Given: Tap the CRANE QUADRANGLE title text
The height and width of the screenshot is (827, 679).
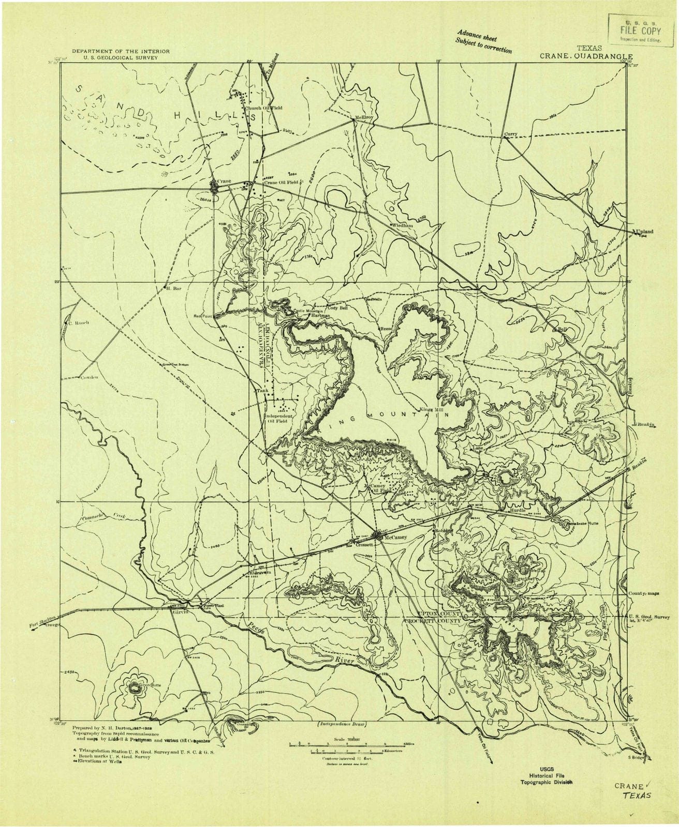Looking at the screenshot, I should pyautogui.click(x=587, y=57).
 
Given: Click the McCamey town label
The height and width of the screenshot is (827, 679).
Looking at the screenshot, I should pyautogui.click(x=395, y=537).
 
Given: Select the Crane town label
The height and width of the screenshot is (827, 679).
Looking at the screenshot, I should pyautogui.click(x=223, y=181).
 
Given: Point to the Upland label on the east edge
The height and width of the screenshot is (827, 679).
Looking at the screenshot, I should pyautogui.click(x=647, y=232).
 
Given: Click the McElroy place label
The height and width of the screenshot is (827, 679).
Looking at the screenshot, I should pyautogui.click(x=364, y=118).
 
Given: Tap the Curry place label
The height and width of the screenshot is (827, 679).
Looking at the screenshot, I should pyautogui.click(x=511, y=134).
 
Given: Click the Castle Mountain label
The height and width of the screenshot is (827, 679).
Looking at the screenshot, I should pyautogui.click(x=308, y=311).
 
